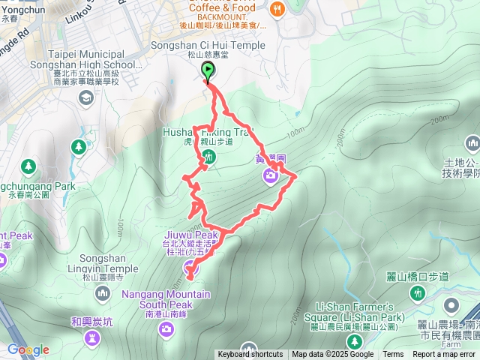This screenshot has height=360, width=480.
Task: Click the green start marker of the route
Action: pos(207,70)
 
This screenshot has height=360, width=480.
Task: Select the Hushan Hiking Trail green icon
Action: pos(209,156)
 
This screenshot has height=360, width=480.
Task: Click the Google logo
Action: pos(28,349)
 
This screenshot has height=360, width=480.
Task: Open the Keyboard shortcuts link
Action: pos(250,355)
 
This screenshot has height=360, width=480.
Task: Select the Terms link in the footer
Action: pos(393,355)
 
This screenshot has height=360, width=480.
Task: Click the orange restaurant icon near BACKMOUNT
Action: pos(277,8)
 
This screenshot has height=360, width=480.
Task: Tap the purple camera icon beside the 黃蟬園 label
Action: pos(269,176)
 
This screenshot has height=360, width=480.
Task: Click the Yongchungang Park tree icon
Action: pos(28,165)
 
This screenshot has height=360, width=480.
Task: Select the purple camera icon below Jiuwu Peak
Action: pos(188,267)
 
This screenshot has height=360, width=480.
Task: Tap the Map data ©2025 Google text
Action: pos(332,355)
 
